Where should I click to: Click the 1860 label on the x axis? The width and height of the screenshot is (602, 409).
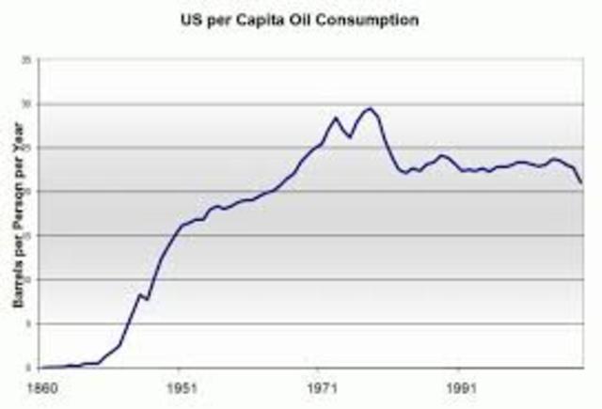tap(42, 386)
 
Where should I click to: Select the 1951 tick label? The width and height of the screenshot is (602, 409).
tap(182, 386)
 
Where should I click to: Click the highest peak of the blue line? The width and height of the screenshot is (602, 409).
tap(371, 108)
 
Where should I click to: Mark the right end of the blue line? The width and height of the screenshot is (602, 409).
tap(581, 182)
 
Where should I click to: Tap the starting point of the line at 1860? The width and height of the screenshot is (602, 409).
tap(42, 367)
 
